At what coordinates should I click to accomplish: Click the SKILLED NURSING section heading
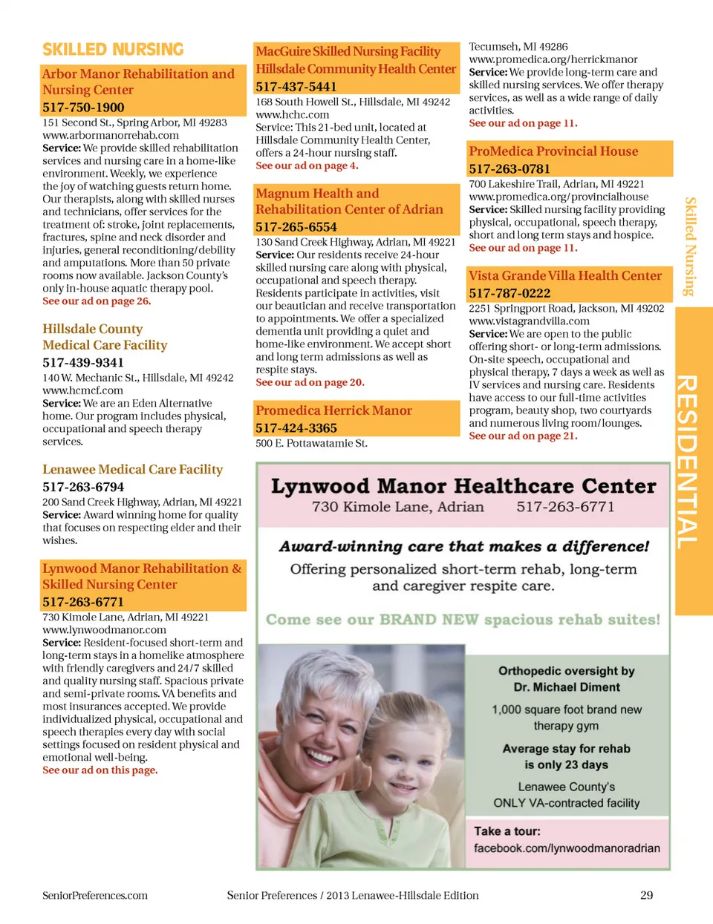click(113, 50)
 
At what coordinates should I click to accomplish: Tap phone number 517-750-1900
click(83, 107)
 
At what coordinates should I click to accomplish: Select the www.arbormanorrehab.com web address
click(111, 135)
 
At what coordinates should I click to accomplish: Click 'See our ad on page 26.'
click(97, 301)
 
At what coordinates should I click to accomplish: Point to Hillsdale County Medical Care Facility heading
click(105, 337)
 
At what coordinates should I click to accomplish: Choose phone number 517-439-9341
click(83, 362)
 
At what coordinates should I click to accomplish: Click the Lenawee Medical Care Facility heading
click(132, 469)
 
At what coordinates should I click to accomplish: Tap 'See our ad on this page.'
click(100, 770)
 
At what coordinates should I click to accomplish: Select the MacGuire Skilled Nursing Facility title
click(348, 51)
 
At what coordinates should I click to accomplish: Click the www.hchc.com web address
click(293, 114)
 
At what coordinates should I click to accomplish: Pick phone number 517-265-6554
click(296, 227)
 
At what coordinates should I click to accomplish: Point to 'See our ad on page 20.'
click(310, 382)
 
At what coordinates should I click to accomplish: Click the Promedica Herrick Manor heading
click(333, 410)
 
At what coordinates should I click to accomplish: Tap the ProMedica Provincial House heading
click(553, 151)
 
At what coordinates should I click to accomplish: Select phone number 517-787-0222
click(509, 293)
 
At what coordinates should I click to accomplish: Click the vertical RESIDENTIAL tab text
click(687, 460)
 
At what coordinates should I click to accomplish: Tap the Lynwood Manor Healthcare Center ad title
click(463, 486)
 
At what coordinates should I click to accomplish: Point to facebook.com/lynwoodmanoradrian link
click(567, 848)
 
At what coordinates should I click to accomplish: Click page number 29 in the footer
click(647, 895)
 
